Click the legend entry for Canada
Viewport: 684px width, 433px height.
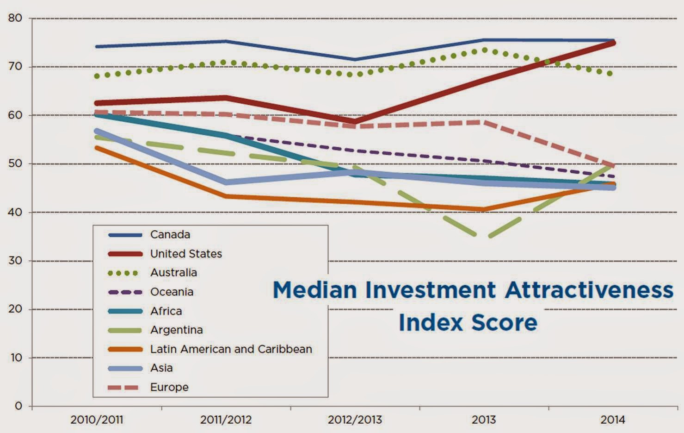click(x=170, y=235)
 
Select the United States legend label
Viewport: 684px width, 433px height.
click(x=186, y=254)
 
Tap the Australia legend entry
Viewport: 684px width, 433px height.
click(x=173, y=273)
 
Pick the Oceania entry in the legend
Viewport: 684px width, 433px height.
click(x=172, y=292)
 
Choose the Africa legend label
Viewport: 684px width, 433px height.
click(x=166, y=311)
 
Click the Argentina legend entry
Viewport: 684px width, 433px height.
click(x=176, y=330)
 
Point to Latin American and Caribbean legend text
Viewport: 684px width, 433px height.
click(x=231, y=349)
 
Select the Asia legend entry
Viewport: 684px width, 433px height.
click(x=161, y=368)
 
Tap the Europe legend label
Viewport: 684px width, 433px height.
click(x=169, y=387)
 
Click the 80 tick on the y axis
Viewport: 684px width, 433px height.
click(x=15, y=18)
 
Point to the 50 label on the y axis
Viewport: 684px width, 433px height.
click(x=15, y=163)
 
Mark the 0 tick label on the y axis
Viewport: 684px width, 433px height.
click(x=18, y=406)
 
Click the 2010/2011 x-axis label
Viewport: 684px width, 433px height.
click(x=97, y=420)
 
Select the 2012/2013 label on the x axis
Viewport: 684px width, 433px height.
click(x=355, y=420)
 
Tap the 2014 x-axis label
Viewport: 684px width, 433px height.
click(x=613, y=420)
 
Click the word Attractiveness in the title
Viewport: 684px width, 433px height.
click(x=589, y=290)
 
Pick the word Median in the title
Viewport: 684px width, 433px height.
click(x=315, y=290)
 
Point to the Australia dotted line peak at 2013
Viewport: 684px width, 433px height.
click(x=484, y=50)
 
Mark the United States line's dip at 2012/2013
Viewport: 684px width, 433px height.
click(x=355, y=122)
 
